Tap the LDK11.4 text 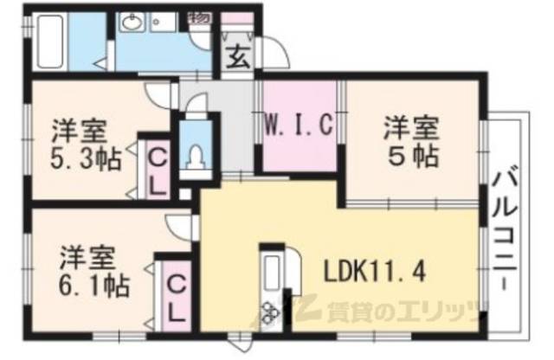point(375,272)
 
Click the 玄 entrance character point(236,60)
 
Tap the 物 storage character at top point(199,16)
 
